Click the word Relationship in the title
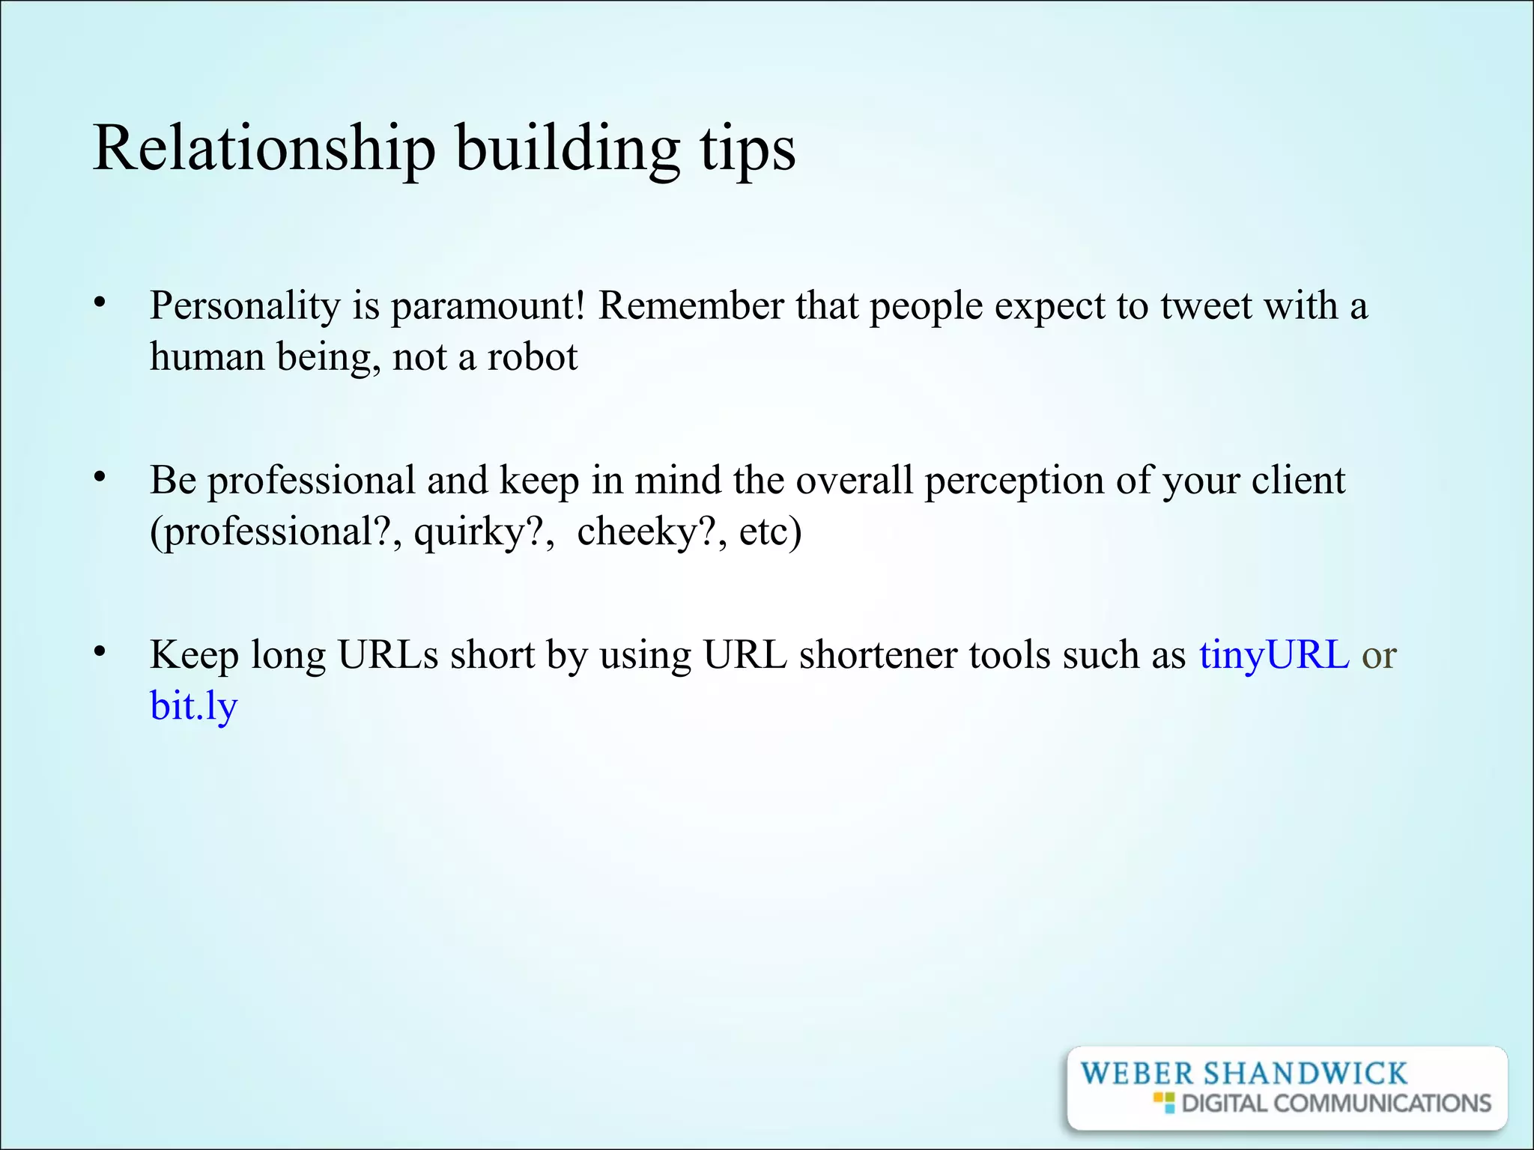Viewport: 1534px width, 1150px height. (x=264, y=149)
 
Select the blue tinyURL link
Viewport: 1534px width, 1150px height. (x=1273, y=654)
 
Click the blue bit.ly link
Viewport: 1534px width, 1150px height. (x=193, y=706)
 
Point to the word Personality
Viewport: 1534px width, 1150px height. (x=245, y=306)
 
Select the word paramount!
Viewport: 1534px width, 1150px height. (x=488, y=306)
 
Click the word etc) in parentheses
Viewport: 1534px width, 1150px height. (x=770, y=532)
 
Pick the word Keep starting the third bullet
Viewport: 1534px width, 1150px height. (x=195, y=654)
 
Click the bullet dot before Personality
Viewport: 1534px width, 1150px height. (x=100, y=302)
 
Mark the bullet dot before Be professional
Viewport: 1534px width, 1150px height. (x=100, y=477)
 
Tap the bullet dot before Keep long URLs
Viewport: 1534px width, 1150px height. (x=100, y=652)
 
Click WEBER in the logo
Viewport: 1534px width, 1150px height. (x=1137, y=1074)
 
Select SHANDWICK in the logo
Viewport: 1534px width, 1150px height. (x=1305, y=1074)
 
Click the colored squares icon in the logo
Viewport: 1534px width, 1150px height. (x=1164, y=1102)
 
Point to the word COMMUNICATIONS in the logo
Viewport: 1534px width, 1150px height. (x=1381, y=1104)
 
